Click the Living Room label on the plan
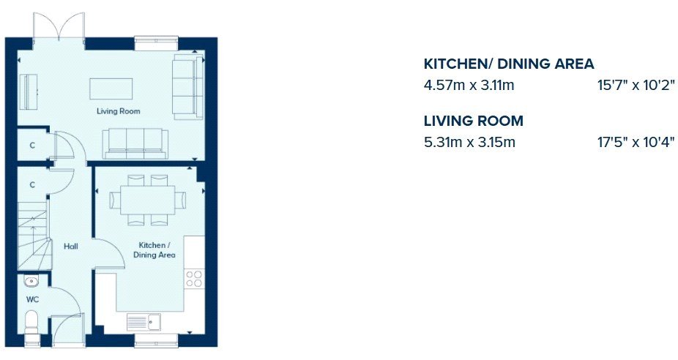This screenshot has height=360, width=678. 119,111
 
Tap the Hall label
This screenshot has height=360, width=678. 71,247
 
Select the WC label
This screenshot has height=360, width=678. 32,299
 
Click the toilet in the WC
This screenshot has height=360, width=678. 31,323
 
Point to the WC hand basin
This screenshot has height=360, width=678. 31,282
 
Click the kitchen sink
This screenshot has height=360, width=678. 144,322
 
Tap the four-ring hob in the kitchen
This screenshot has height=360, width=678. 194,279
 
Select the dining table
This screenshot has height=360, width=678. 148,200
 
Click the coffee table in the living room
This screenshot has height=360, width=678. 111,89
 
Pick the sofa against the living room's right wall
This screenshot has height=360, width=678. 188,86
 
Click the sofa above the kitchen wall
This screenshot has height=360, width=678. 135,144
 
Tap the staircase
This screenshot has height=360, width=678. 34,236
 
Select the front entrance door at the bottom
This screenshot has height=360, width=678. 67,330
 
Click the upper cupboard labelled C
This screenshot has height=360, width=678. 32,146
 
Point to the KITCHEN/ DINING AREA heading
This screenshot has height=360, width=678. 509,64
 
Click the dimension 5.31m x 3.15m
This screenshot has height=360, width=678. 469,142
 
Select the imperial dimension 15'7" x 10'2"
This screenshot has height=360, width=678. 636,86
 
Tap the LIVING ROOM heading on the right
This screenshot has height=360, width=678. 474,121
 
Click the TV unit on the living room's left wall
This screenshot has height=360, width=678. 27,91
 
